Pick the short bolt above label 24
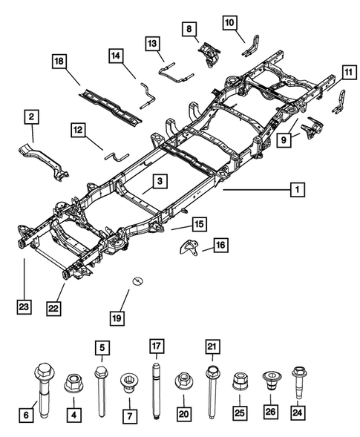click(298, 378)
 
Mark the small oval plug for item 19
click(137, 280)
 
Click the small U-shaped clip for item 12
click(116, 156)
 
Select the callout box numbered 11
click(347, 72)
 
